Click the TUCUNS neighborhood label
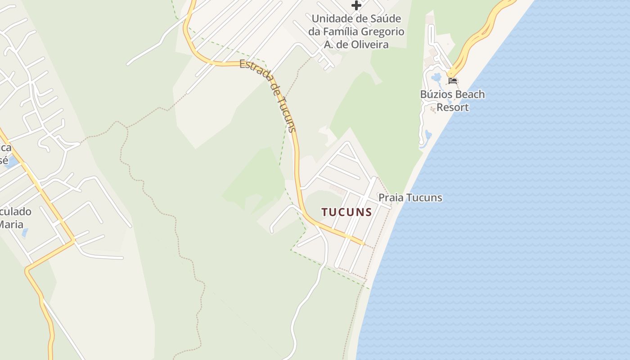click(346, 212)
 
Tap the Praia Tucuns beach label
click(410, 198)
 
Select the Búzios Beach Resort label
click(452, 101)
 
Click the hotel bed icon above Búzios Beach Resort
click(453, 81)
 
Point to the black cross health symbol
click(356, 5)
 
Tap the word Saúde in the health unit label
click(383, 19)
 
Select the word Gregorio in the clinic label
click(382, 32)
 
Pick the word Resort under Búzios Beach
click(452, 108)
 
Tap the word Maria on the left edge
click(11, 224)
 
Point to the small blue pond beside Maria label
click(25, 233)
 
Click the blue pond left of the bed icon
click(436, 78)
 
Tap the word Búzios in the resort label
click(435, 94)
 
